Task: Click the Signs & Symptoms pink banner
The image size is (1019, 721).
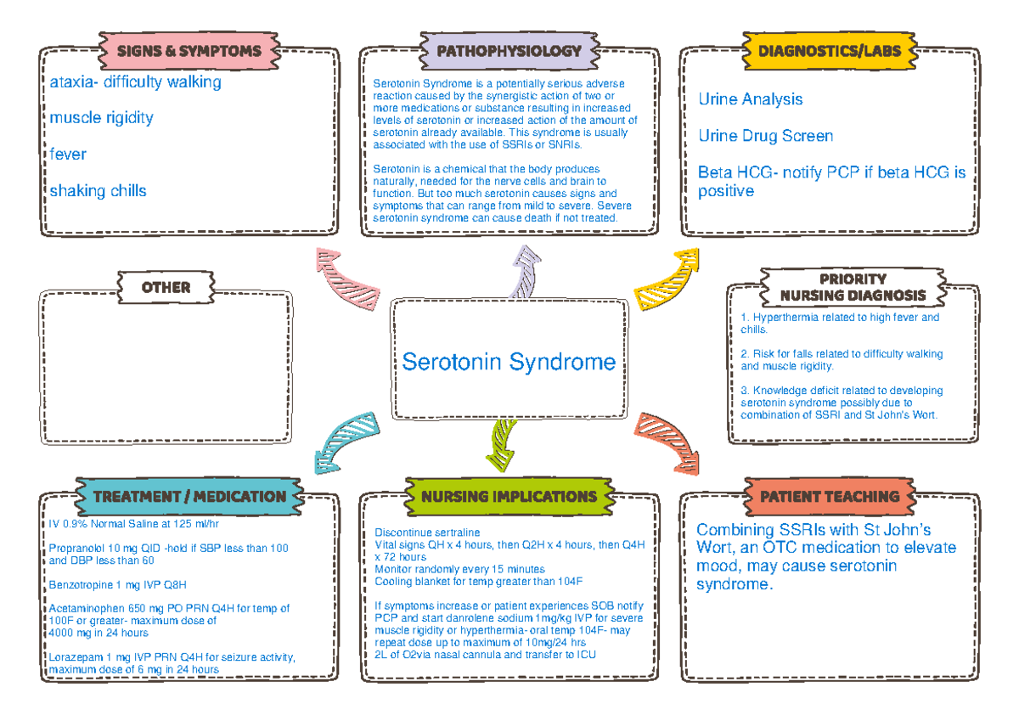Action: [x=189, y=51]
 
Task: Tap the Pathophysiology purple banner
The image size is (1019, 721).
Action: [x=509, y=51]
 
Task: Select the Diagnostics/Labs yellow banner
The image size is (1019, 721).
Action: [x=829, y=51]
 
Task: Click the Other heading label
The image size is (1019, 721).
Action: [x=166, y=287]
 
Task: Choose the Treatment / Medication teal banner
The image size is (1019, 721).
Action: [x=189, y=496]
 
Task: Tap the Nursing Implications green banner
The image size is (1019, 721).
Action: [x=509, y=496]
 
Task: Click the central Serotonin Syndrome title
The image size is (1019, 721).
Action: [x=509, y=362]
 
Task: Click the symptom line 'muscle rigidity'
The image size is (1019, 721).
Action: [x=101, y=117]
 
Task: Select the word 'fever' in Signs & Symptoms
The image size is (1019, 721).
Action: [x=67, y=155]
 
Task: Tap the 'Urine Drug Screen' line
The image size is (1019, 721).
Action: [x=765, y=136]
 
